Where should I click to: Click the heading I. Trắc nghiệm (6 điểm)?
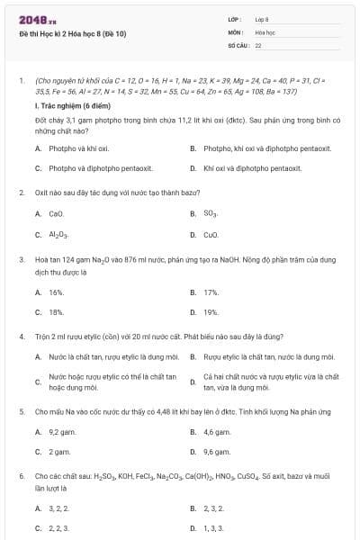73,106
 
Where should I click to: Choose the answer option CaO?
56,214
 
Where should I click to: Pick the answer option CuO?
211,235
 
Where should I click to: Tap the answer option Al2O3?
58,235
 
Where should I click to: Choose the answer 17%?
211,292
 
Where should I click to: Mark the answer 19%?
211,312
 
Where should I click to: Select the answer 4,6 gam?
214,432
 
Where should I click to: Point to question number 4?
21,337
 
